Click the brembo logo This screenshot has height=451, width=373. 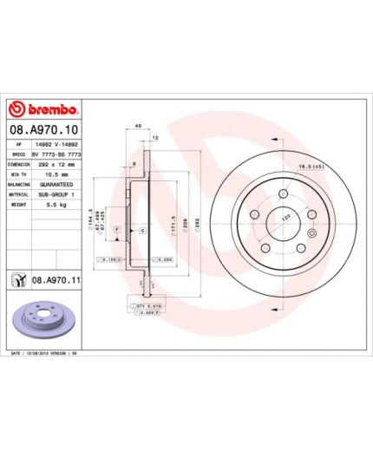click(43, 110)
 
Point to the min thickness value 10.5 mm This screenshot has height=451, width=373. click(49, 175)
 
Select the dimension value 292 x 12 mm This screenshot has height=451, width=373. click(54, 165)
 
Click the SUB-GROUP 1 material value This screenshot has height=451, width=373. click(55, 194)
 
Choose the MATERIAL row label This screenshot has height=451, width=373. click(18, 194)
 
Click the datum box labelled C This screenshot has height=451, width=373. click(142, 230)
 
